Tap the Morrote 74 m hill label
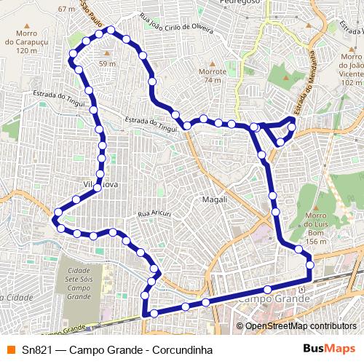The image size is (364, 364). coord(213,76)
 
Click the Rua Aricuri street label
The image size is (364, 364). coord(154,213)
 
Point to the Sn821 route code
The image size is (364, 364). coord(36,348)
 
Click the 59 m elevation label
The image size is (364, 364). coord(108,64)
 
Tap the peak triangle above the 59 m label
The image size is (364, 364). coord(108,54)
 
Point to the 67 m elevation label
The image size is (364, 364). coord(66,9)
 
